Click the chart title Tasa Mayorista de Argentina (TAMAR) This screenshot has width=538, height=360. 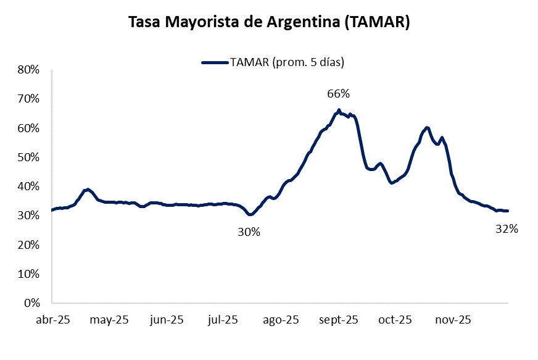click(x=269, y=22)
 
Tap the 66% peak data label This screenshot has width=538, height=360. click(x=338, y=94)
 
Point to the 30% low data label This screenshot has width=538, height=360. click(x=249, y=232)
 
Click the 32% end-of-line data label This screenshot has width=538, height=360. click(x=507, y=228)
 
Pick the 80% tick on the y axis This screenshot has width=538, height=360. click(x=28, y=70)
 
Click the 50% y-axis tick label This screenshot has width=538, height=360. click(x=28, y=157)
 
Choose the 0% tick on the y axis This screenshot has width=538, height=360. click(x=31, y=303)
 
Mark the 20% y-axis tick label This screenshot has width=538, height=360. click(x=28, y=245)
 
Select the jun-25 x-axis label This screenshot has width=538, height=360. click(x=167, y=320)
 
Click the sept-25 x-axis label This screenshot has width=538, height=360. click(x=339, y=320)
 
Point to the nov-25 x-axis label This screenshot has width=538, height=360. click(x=453, y=320)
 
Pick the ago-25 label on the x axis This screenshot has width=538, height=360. click(x=281, y=320)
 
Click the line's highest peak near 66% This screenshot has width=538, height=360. click(x=339, y=111)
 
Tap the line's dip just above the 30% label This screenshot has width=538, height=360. click(x=250, y=214)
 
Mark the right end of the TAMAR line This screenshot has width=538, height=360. click(x=507, y=211)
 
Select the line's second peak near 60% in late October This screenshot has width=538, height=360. click(x=427, y=128)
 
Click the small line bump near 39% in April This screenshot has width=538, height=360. click(x=88, y=190)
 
